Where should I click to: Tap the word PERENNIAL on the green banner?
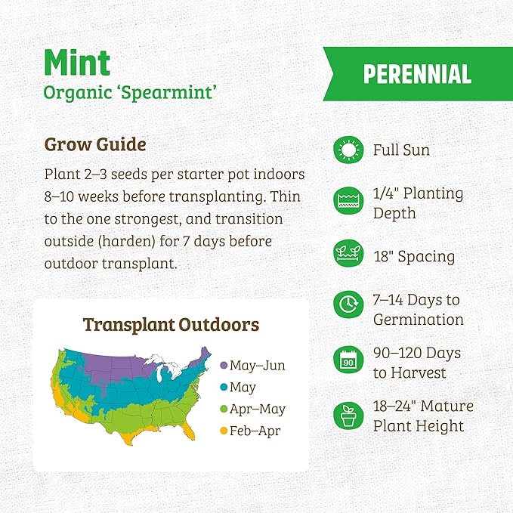click(417, 73)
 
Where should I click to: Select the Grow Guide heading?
click(95, 144)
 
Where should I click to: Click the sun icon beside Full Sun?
click(348, 150)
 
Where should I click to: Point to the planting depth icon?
click(348, 202)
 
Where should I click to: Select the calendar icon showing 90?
click(348, 360)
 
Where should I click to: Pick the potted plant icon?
click(348, 415)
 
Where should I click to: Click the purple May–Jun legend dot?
click(223, 366)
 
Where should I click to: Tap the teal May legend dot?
click(223, 388)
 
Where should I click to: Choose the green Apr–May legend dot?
click(223, 409)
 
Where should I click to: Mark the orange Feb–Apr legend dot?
click(223, 431)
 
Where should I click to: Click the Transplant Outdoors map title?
click(171, 325)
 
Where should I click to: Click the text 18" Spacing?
click(414, 256)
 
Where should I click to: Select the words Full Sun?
click(401, 150)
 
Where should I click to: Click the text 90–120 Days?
click(417, 353)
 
